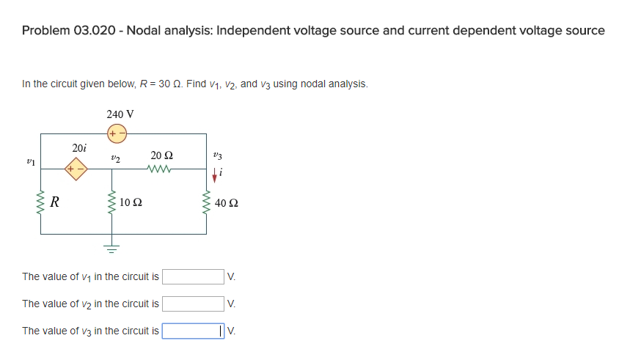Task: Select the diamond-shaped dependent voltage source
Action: [76, 170]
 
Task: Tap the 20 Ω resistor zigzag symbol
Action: [159, 170]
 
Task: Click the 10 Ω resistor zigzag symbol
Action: [112, 202]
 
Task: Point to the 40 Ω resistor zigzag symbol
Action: [206, 202]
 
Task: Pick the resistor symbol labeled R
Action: [41, 202]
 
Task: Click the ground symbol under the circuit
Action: [112, 248]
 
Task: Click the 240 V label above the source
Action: [120, 114]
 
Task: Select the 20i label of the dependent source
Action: [79, 148]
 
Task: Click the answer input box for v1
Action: [193, 276]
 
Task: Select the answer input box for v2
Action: [193, 304]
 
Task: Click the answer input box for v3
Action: [193, 331]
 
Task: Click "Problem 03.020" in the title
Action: [69, 31]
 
